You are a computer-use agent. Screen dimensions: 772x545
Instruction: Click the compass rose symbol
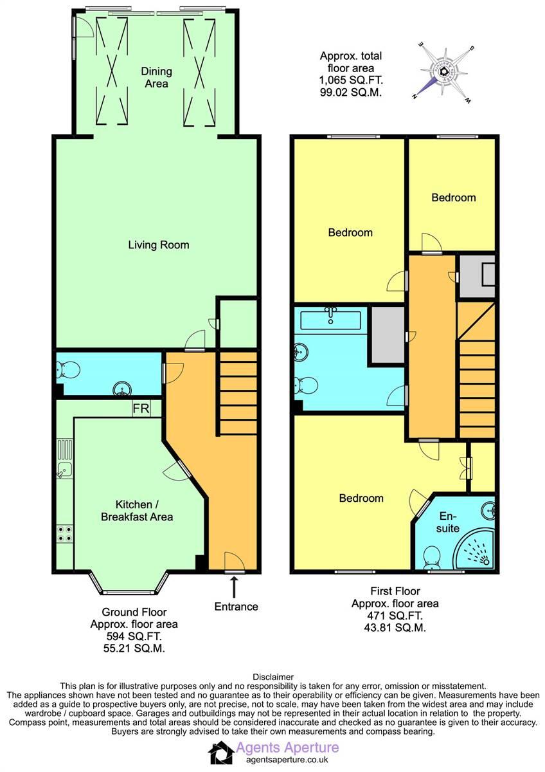(443, 71)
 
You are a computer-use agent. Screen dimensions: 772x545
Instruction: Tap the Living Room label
(158, 244)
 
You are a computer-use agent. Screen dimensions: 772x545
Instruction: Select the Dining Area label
(155, 78)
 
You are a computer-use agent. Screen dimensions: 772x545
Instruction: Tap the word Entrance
(237, 606)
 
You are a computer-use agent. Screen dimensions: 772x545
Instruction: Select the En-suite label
(449, 522)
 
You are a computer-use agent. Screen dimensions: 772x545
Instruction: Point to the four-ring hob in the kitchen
(64, 532)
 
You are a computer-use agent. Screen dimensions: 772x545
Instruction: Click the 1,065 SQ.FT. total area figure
(350, 80)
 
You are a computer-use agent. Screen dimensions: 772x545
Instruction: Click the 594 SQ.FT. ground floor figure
(134, 636)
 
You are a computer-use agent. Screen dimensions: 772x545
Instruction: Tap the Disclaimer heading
(272, 677)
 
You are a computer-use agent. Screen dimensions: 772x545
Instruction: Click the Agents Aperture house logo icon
(221, 752)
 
